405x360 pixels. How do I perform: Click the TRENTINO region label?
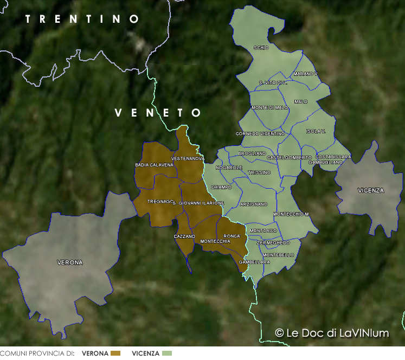click(x=82, y=19)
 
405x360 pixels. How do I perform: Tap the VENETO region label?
click(x=158, y=113)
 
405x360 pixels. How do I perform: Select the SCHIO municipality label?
click(x=261, y=48)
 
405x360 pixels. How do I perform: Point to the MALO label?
click(x=300, y=101)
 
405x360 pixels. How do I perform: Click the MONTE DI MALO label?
click(x=270, y=108)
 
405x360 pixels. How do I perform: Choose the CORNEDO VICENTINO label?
click(x=260, y=133)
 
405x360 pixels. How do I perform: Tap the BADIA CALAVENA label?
click(x=154, y=165)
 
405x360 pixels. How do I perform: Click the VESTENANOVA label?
click(x=188, y=158)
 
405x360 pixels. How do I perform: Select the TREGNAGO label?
click(x=159, y=201)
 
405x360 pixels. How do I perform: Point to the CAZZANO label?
click(x=184, y=236)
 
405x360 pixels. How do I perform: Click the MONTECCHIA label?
click(x=215, y=241)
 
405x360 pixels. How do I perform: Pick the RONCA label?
click(x=232, y=236)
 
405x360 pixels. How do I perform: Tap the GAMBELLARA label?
click(x=254, y=262)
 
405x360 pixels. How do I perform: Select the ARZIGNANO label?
click(x=254, y=204)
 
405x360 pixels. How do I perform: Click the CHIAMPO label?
click(x=221, y=187)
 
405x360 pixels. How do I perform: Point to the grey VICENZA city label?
click(x=371, y=190)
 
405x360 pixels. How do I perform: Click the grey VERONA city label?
click(x=70, y=262)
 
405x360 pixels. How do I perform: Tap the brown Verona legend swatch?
click(x=115, y=353)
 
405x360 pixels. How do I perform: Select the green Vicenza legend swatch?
click(x=167, y=353)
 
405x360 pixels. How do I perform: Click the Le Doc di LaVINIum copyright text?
click(x=332, y=333)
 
